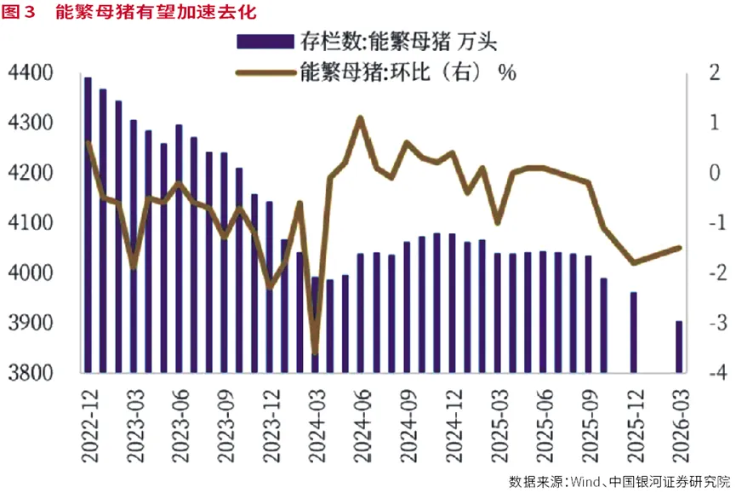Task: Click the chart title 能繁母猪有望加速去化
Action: pyautogui.click(x=156, y=12)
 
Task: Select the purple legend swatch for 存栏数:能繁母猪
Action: pyautogui.click(x=265, y=42)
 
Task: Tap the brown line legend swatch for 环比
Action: pyautogui.click(x=265, y=72)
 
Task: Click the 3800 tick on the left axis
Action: pyautogui.click(x=31, y=373)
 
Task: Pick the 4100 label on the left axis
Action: pyautogui.click(x=31, y=222)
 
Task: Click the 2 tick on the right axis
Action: pyautogui.click(x=715, y=72)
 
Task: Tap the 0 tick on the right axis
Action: pyautogui.click(x=715, y=173)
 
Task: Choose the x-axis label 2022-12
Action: pyautogui.click(x=89, y=426)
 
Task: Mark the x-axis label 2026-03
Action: pyautogui.click(x=681, y=426)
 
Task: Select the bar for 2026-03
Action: pyautogui.click(x=679, y=347)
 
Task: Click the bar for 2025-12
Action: pyautogui.click(x=634, y=332)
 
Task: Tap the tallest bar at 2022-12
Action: pyautogui.click(x=88, y=225)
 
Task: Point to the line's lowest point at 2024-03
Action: pyautogui.click(x=315, y=353)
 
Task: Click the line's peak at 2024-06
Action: pyautogui.click(x=361, y=118)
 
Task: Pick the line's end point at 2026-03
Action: pyautogui.click(x=679, y=248)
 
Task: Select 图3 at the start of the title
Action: pyautogui.click(x=19, y=12)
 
